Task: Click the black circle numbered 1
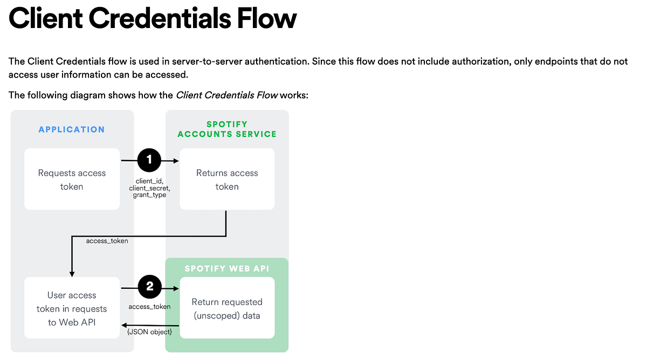150,160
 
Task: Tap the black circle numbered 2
150,288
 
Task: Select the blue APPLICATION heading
72,129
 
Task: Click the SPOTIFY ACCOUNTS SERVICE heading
227,129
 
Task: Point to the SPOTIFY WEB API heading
227,268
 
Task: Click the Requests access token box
72,179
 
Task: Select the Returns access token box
227,179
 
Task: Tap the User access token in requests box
72,308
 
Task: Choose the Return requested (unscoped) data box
227,308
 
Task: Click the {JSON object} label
149,331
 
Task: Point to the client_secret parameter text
149,188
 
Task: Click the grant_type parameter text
149,195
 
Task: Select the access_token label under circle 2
149,307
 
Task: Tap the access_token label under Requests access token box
107,241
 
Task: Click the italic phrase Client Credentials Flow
226,95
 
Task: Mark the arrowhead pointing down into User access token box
72,274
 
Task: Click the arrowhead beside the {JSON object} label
125,324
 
